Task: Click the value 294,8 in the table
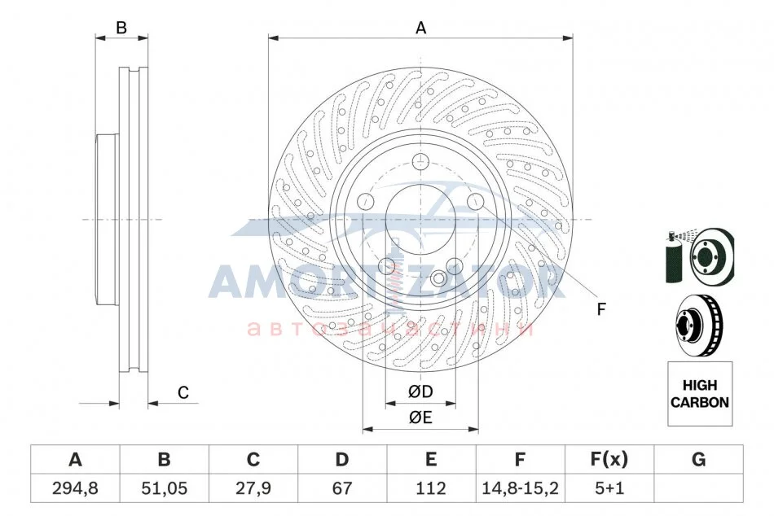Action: click(x=75, y=488)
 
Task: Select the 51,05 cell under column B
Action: click(x=164, y=488)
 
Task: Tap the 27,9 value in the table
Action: click(x=253, y=488)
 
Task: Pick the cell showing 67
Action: click(x=342, y=488)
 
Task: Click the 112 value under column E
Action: click(x=431, y=488)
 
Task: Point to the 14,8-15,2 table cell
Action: click(x=520, y=488)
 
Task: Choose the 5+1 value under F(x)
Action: click(x=609, y=488)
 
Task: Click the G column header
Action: click(x=698, y=459)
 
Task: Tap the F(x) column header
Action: click(x=609, y=459)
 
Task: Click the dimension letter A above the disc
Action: click(x=420, y=28)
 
